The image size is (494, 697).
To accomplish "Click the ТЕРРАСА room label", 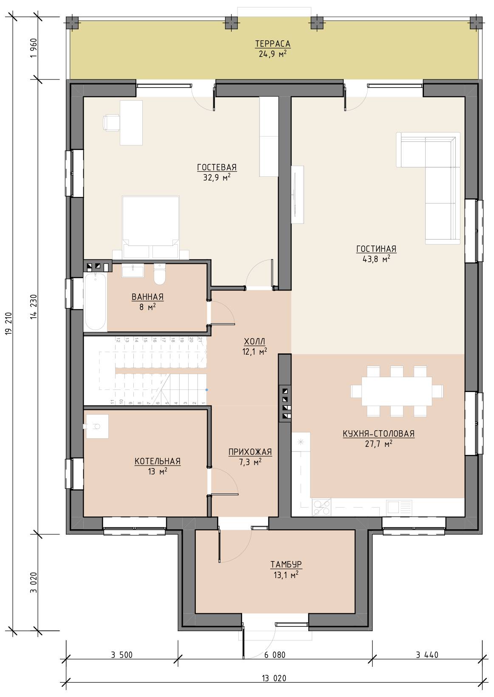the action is tap(273, 44).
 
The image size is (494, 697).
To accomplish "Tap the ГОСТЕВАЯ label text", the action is tap(217, 167).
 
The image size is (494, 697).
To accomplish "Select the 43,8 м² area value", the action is tap(376, 259).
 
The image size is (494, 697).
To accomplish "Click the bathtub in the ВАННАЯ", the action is tap(95, 302).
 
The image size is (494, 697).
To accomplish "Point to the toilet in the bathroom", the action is tap(160, 274).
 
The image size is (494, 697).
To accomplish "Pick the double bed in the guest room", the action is tap(150, 227).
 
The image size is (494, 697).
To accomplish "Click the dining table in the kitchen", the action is tap(397, 391).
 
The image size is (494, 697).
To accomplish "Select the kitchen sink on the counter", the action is tap(399, 507).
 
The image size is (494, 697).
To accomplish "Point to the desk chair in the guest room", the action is tap(111, 122).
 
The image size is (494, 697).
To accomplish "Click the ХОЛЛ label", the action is tap(254, 341).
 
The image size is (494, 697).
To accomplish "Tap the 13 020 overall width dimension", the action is tap(274, 678).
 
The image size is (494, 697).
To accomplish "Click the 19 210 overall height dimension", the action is tap(9, 323).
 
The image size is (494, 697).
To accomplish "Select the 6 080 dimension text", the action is tap(275, 655).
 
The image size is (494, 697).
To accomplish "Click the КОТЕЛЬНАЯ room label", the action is tap(158, 461).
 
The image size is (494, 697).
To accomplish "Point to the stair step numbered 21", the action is tap(200, 339).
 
